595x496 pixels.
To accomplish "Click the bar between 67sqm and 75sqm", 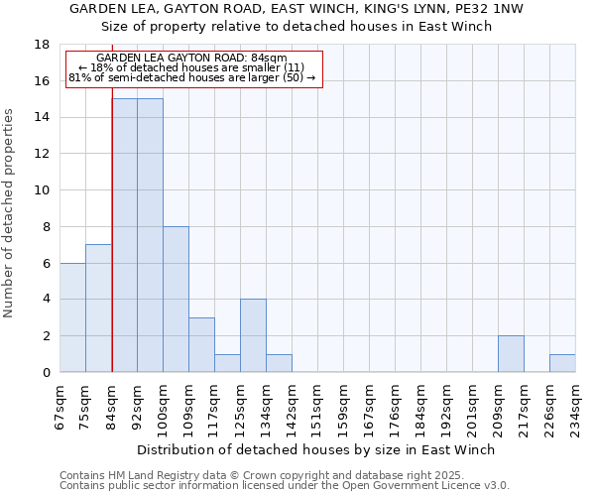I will pyautogui.click(x=72, y=317).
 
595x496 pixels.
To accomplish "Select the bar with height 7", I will pyautogui.click(x=98, y=309).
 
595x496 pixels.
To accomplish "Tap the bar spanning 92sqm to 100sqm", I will pyautogui.click(x=150, y=235).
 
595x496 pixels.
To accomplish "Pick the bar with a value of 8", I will pyautogui.click(x=176, y=300).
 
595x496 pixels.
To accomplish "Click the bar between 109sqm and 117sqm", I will pyautogui.click(x=201, y=344).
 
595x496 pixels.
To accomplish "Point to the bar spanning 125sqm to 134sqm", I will pyautogui.click(x=253, y=335).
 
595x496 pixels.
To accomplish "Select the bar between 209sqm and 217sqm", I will pyautogui.click(x=511, y=354).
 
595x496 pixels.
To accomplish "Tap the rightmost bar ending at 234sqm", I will pyautogui.click(x=562, y=363).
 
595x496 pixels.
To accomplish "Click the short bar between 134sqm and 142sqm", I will pyautogui.click(x=279, y=363).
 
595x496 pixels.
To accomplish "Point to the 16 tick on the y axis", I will pyautogui.click(x=43, y=81).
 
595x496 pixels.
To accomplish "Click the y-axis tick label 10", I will pyautogui.click(x=43, y=190).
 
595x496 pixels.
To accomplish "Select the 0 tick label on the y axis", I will pyautogui.click(x=46, y=373).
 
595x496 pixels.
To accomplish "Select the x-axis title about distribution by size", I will pyautogui.click(x=317, y=449).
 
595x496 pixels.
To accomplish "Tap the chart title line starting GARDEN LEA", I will pyautogui.click(x=317, y=9).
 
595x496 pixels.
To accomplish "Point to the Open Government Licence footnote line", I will pyautogui.click(x=285, y=486).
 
